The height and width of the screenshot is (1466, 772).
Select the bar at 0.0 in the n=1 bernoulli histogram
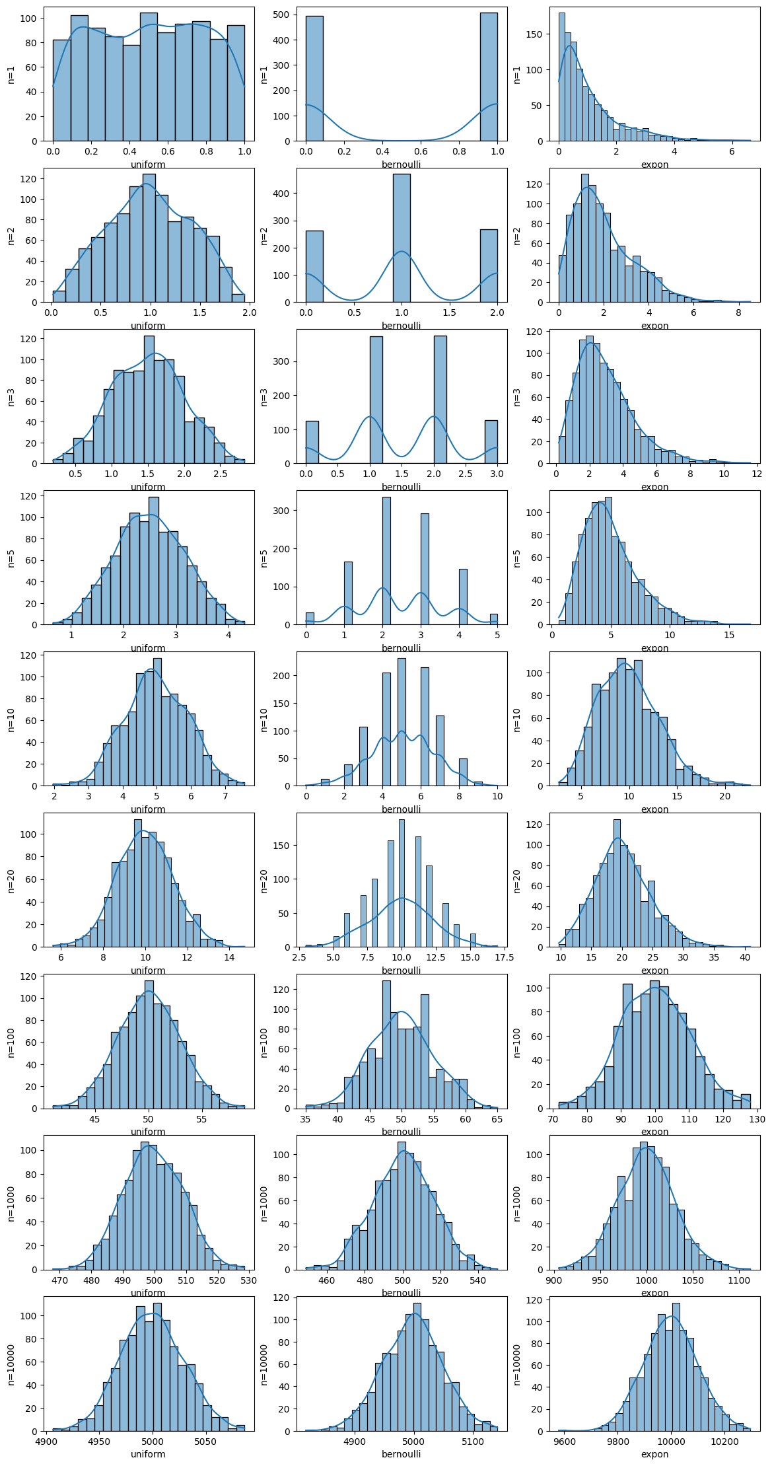pyautogui.click(x=314, y=79)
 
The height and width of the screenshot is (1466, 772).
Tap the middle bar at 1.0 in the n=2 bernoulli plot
pyautogui.click(x=402, y=238)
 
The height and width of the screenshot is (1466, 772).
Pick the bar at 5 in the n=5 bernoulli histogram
pyautogui.click(x=493, y=619)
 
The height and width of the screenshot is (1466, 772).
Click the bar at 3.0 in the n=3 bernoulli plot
pyautogui.click(x=491, y=441)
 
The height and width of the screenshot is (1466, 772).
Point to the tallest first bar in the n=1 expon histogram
pyautogui.click(x=562, y=77)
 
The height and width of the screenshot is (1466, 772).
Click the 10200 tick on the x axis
pyautogui.click(x=725, y=1441)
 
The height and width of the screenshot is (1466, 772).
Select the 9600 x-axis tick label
pyautogui.click(x=565, y=1441)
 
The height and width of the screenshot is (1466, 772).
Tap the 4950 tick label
pyautogui.click(x=99, y=1441)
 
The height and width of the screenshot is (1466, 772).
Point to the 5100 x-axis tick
pyautogui.click(x=473, y=1441)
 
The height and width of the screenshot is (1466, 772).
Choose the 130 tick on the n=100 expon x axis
pyautogui.click(x=757, y=1118)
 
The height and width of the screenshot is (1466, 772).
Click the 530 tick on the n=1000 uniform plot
pyautogui.click(x=248, y=1280)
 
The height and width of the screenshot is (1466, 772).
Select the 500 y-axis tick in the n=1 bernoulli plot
pyautogui.click(x=283, y=15)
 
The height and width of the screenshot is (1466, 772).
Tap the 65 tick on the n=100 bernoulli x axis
pyautogui.click(x=497, y=1118)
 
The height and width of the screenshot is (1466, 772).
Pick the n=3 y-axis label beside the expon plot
pyautogui.click(x=517, y=396)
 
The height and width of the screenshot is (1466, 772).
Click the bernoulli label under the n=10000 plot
pyautogui.click(x=401, y=1453)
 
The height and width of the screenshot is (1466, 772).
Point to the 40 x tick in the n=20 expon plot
pyautogui.click(x=745, y=957)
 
